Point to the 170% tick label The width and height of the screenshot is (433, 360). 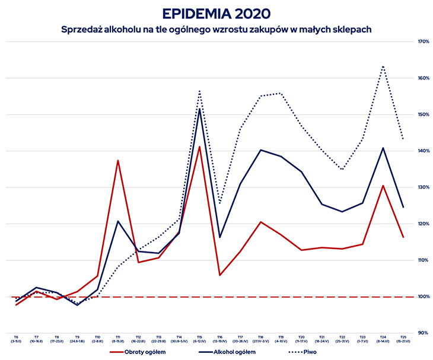coord(424,42)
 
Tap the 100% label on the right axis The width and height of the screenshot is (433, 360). coord(424,297)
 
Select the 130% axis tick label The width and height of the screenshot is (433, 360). coord(424,187)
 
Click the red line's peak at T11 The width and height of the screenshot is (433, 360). coord(118,160)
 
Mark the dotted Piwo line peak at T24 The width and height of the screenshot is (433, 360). coord(383,66)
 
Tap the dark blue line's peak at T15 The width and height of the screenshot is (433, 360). coord(200,109)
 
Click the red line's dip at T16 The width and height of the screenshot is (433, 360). coord(220,275)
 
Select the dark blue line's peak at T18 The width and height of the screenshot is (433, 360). coord(261,150)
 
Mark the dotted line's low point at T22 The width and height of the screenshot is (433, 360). coord(342,170)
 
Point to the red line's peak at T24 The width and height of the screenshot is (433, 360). coord(383,186)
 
